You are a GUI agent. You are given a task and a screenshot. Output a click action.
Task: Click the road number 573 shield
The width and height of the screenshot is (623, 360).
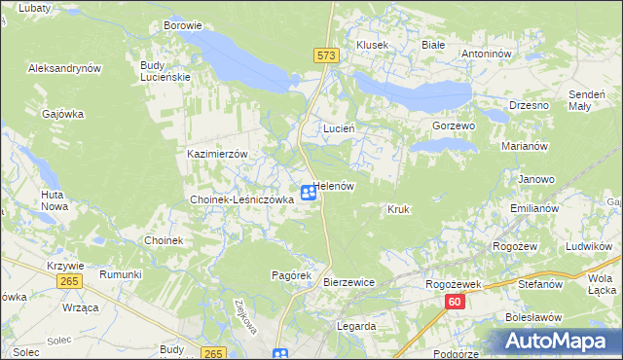326,56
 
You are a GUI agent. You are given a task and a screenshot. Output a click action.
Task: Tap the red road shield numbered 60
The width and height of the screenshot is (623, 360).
455,303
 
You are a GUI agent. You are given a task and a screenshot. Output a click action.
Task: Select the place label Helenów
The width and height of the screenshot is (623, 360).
335,186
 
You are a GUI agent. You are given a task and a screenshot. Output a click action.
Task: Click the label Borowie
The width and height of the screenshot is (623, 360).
183,25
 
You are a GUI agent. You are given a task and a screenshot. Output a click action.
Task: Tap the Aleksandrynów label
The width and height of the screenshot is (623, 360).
65,68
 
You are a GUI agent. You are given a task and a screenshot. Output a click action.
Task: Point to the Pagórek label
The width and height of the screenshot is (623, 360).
290,275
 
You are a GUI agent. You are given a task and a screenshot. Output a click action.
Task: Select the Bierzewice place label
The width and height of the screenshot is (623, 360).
348,281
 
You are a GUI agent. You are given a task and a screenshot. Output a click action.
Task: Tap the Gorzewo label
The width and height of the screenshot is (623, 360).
453,126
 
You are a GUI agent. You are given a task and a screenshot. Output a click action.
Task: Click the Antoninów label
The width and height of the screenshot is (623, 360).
487,54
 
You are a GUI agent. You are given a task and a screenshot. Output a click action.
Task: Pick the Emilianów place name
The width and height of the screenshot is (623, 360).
533,209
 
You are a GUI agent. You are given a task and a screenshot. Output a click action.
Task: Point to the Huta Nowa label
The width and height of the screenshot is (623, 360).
54,200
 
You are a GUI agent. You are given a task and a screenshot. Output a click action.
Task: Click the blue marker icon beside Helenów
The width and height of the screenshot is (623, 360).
308,193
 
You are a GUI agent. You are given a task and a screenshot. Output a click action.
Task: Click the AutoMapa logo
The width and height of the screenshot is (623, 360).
558,342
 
